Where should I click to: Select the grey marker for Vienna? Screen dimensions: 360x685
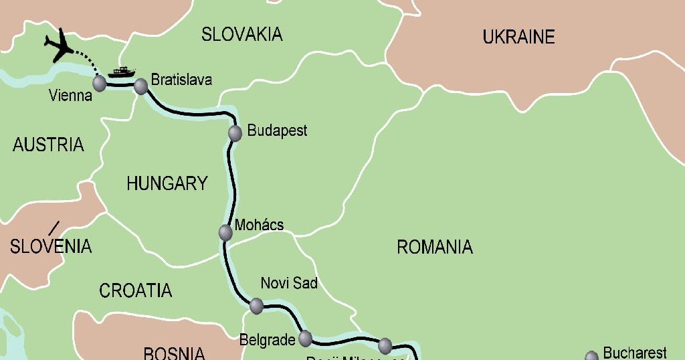[x=99, y=84]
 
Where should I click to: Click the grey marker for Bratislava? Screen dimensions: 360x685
[x=140, y=86]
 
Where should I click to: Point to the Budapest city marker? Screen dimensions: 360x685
[x=235, y=132]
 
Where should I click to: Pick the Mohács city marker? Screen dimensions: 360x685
[x=225, y=232]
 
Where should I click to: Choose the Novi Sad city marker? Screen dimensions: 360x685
[x=256, y=306]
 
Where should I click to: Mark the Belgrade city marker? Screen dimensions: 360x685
[x=305, y=338]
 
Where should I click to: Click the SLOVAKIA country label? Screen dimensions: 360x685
[x=242, y=34]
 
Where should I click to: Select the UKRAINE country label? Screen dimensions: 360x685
[x=519, y=37]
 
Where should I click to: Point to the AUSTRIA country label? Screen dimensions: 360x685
[x=48, y=145]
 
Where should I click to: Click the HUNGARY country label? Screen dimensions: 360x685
[x=167, y=183]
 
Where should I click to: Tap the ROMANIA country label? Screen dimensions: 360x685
[x=435, y=248]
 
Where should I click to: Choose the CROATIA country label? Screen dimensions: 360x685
[x=136, y=290]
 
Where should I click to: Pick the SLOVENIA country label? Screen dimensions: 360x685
[x=51, y=246]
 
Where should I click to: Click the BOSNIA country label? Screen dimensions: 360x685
[x=174, y=352]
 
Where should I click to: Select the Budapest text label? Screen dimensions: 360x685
[x=278, y=130]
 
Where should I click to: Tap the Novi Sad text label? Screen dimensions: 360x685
[x=289, y=283]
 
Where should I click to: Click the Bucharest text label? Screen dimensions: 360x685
[x=635, y=353]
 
